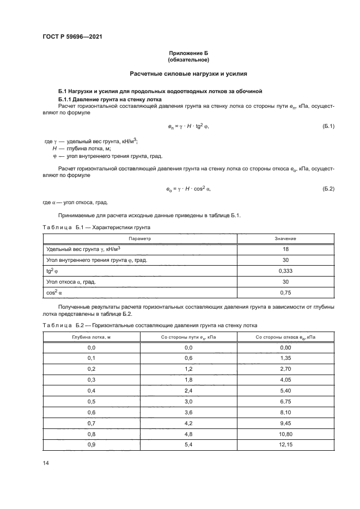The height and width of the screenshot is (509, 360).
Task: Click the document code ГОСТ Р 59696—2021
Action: point(72,37)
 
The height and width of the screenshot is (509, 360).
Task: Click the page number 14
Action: point(46,462)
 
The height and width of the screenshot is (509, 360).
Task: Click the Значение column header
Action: point(285,238)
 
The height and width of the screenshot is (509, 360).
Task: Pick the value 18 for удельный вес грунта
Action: point(285,249)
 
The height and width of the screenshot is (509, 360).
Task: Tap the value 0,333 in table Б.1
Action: point(285,271)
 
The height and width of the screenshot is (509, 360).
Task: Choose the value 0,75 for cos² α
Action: point(285,292)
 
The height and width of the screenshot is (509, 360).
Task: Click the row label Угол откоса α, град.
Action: point(75,281)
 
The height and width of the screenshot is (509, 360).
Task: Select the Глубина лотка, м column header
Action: point(91,337)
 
